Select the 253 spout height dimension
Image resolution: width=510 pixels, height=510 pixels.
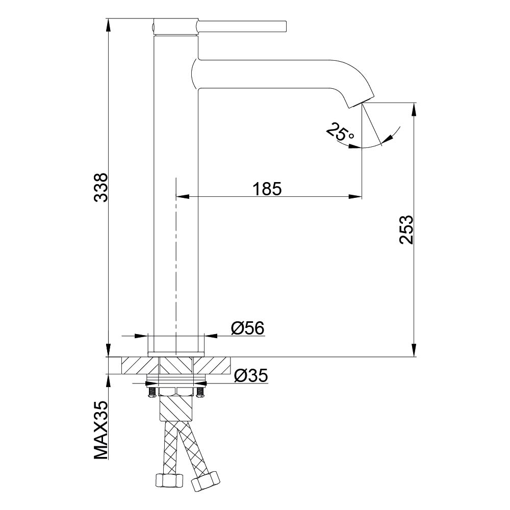pyautogui.click(x=406, y=229)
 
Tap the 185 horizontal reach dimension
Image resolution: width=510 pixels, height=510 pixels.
pyautogui.click(x=267, y=189)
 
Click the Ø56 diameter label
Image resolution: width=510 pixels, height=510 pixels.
pyautogui.click(x=247, y=328)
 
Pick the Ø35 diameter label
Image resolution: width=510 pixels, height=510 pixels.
pyautogui.click(x=251, y=376)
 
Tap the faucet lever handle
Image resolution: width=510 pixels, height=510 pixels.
pyautogui.click(x=242, y=27)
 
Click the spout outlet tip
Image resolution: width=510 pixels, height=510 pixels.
pyautogui.click(x=362, y=101)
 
